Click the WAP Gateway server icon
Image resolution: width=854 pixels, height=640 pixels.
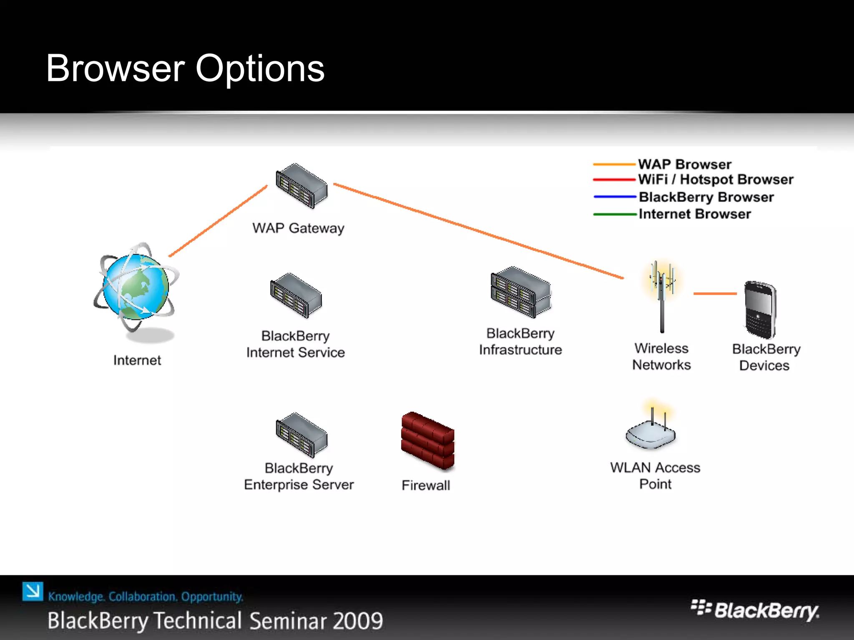coord(301,186)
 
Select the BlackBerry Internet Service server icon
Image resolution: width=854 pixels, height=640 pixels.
coord(296,295)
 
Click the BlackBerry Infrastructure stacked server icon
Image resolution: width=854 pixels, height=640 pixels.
coord(521,292)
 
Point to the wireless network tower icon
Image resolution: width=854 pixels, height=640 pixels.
coord(662,296)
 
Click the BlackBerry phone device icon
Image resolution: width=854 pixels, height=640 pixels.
coord(760,309)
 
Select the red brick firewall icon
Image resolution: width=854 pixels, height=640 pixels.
coord(427,441)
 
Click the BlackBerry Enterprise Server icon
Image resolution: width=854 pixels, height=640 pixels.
coord(301,435)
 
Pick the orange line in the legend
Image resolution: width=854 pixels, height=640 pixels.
coord(614,165)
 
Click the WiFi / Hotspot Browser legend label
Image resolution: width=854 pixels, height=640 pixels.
coord(716,180)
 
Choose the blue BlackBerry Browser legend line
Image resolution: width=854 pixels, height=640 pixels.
coord(615,196)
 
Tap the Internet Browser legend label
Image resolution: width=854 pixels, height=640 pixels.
coord(695,214)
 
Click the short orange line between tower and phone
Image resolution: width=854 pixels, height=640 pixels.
coord(715,294)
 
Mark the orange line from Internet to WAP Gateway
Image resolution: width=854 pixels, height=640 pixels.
coord(218,221)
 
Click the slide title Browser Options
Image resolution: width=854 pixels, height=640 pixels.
coord(185,68)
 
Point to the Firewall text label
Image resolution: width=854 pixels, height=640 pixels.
coord(426,485)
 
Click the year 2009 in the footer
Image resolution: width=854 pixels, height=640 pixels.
coord(358,621)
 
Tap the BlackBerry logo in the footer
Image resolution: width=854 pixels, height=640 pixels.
coord(755,611)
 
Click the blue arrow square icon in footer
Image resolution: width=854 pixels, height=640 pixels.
coord(33,591)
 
